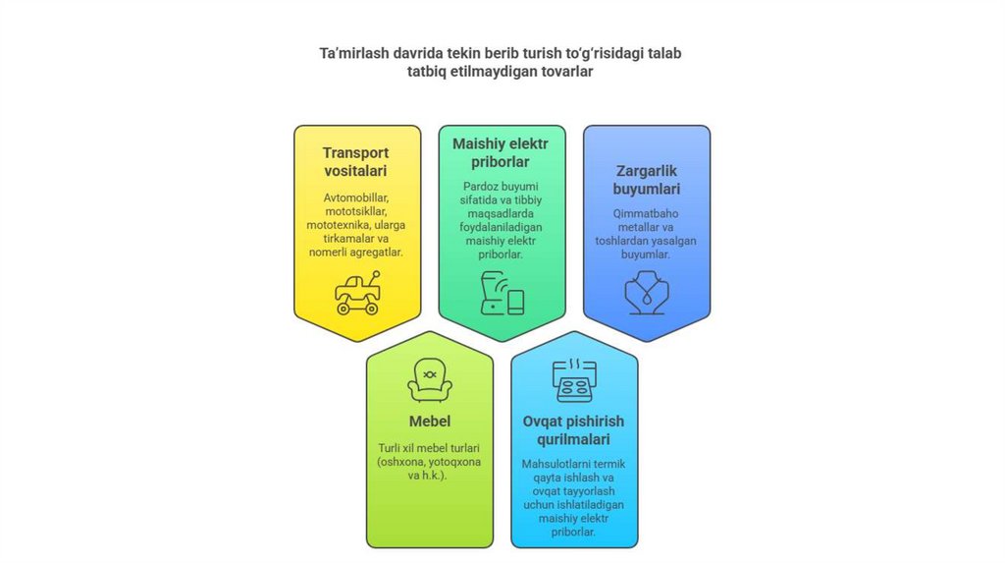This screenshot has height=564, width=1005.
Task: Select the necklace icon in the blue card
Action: tap(647, 292)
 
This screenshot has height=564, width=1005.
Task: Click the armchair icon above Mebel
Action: tap(429, 380)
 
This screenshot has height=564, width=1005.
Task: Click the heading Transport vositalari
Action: tap(356, 161)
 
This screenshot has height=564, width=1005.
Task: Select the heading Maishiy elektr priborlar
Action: tap(502, 152)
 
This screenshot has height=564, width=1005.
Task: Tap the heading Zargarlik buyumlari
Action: tap(647, 180)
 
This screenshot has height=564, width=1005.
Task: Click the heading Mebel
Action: tap(429, 422)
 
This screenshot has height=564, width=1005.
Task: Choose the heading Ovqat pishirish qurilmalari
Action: tap(574, 430)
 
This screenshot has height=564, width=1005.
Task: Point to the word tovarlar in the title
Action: tap(566, 72)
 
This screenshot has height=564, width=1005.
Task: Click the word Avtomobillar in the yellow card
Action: tap(356, 197)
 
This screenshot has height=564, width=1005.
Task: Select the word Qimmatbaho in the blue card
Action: tap(647, 212)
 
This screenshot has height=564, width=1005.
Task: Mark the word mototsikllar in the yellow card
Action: tap(356, 211)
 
